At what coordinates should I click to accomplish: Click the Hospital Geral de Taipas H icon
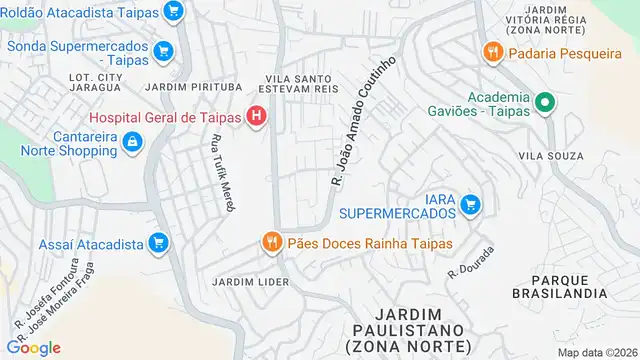pos(257,117)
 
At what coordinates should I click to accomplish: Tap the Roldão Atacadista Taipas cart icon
pos(174,12)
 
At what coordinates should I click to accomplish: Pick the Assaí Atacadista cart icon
pos(157,242)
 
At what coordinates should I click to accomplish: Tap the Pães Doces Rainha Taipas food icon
pos(270,242)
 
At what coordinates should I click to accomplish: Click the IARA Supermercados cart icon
pos(470,205)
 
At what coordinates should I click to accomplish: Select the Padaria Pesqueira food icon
pos(491,51)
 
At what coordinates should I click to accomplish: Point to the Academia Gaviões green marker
pos(545,103)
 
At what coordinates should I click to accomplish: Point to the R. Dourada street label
pos(472,258)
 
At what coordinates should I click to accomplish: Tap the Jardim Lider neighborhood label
pos(250,282)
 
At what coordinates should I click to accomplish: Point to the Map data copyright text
pos(596,352)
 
